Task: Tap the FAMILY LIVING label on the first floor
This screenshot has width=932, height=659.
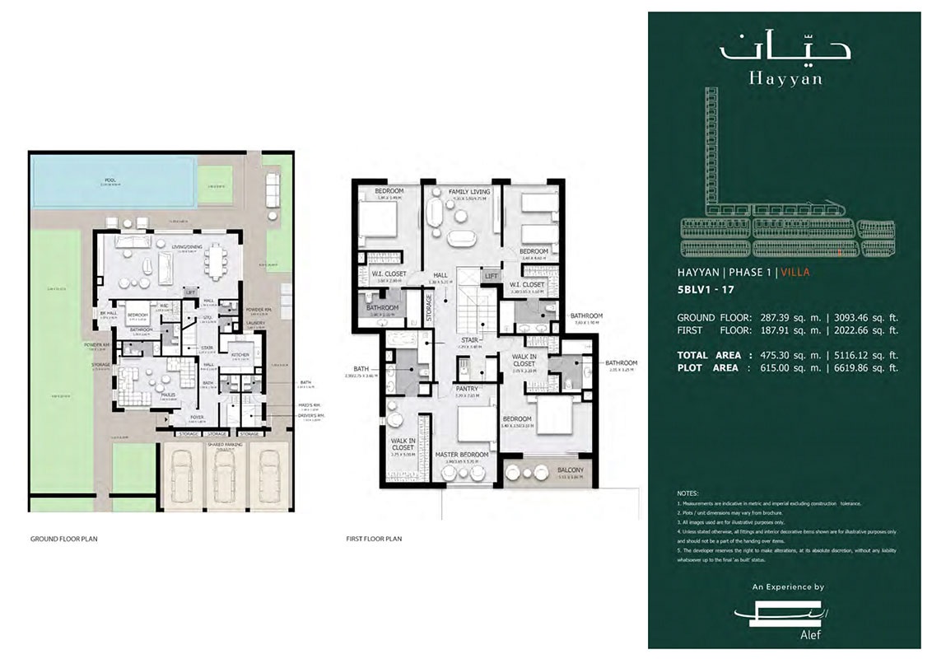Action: click(x=468, y=192)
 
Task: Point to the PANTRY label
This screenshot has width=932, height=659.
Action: click(x=468, y=389)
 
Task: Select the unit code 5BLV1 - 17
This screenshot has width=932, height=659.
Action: click(x=706, y=290)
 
